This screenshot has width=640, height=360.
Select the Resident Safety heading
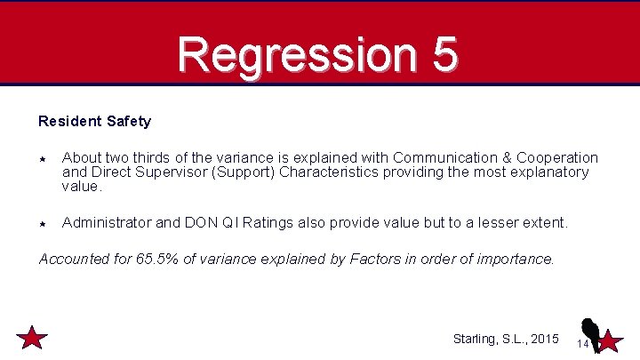[94, 121]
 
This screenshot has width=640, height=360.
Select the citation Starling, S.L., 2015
[505, 339]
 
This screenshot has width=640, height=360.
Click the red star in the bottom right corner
[610, 340]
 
